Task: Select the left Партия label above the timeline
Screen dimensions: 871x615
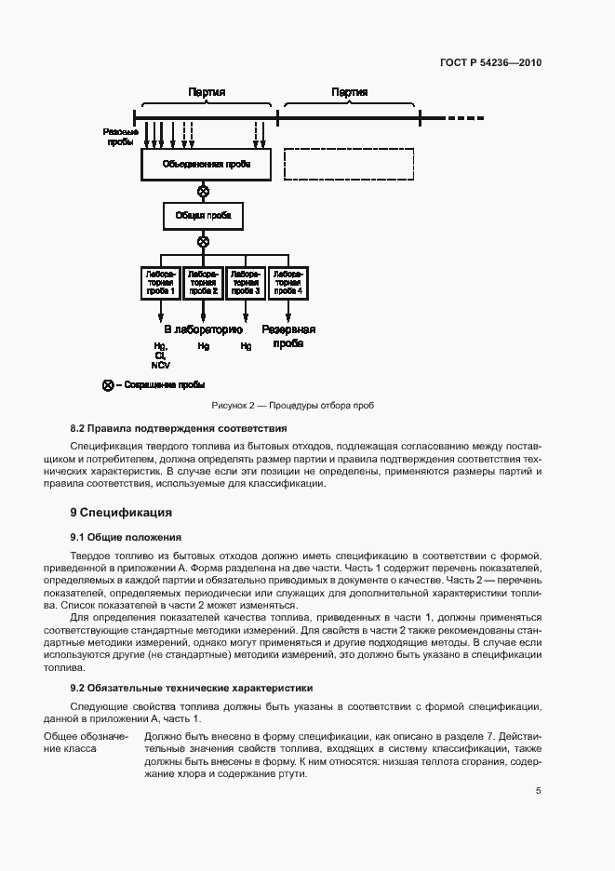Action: click(x=207, y=93)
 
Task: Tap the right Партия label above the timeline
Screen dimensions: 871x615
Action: click(x=349, y=93)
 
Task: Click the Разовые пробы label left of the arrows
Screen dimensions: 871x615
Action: click(x=120, y=137)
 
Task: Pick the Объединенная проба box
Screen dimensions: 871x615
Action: click(x=204, y=166)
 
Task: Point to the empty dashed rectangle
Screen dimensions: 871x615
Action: click(x=349, y=164)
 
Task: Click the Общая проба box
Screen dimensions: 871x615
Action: click(x=204, y=217)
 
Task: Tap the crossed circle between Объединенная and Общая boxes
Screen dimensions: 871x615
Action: click(x=204, y=192)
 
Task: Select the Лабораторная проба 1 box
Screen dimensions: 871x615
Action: click(x=161, y=283)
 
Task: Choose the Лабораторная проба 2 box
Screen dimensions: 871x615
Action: click(x=204, y=283)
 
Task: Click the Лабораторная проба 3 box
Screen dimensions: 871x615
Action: click(x=246, y=283)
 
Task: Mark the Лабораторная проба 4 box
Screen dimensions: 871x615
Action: click(x=287, y=283)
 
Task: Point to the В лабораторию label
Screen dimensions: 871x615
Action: click(x=204, y=329)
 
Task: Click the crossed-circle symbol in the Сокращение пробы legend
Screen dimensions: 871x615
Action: click(x=108, y=385)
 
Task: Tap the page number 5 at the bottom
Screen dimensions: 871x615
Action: click(x=539, y=791)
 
